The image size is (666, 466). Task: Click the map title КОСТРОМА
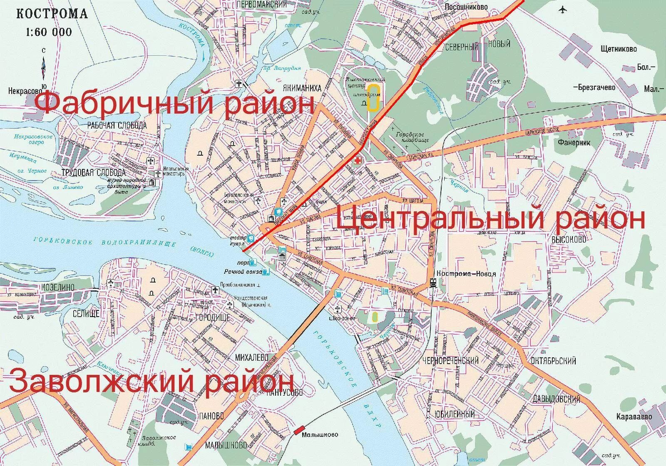tap(52, 14)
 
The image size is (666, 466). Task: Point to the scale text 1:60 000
tap(49, 32)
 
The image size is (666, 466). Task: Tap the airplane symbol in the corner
tap(564, 10)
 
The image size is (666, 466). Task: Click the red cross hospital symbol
tap(357, 160)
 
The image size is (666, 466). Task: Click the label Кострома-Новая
tap(466, 274)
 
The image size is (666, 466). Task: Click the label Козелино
tap(57, 287)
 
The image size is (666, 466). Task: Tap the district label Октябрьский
tap(554, 360)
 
